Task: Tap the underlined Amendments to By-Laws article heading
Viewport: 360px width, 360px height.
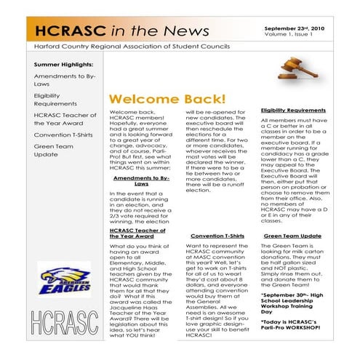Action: coord(142,181)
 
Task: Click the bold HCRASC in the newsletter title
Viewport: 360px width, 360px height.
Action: coord(68,29)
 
